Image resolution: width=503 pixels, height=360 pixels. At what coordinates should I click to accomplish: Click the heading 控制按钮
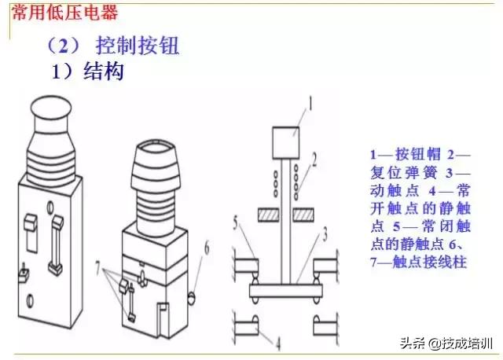(138, 46)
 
